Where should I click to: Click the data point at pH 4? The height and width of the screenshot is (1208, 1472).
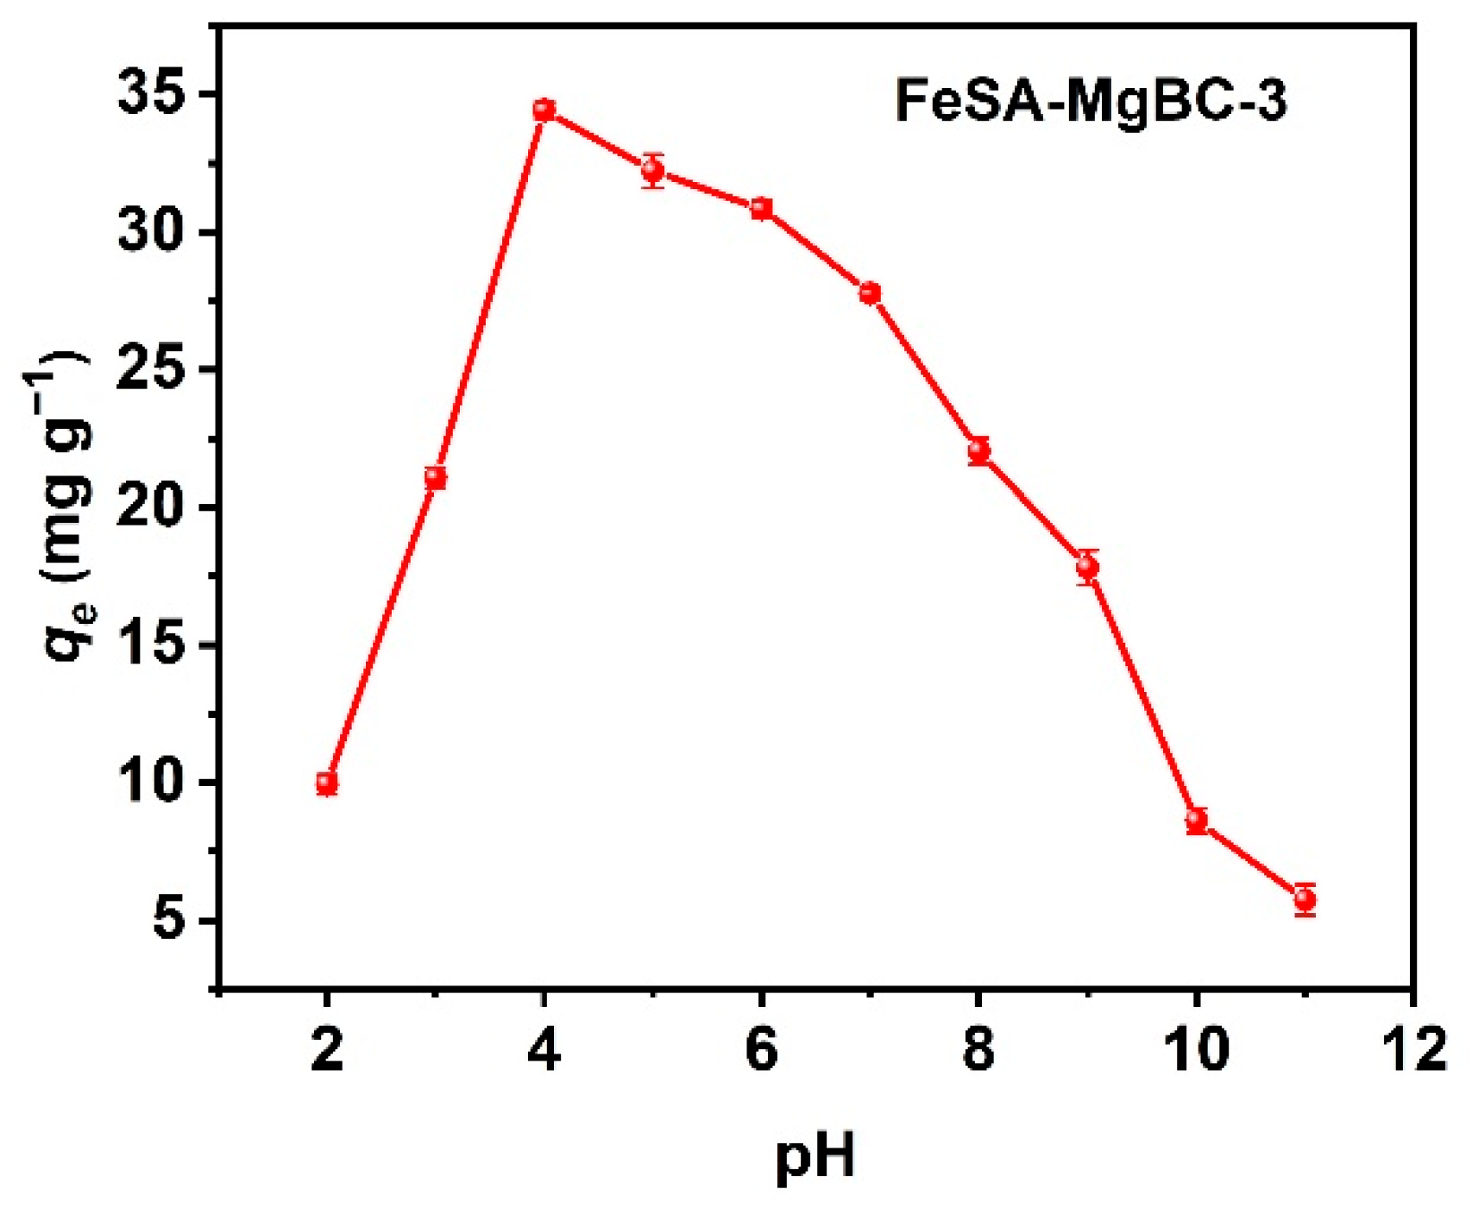click(x=544, y=110)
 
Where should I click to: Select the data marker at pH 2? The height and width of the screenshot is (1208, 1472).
click(x=326, y=783)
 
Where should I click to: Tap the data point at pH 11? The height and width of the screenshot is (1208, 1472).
click(x=1305, y=900)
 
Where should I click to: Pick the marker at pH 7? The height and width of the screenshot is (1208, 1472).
click(x=870, y=293)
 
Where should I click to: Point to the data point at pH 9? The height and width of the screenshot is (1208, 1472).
click(x=1087, y=567)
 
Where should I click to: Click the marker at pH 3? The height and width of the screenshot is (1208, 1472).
click(x=436, y=477)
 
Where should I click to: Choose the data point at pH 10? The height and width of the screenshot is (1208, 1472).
click(x=1196, y=820)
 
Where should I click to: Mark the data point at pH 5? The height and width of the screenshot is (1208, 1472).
click(x=652, y=171)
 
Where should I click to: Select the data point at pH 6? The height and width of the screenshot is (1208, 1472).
click(x=761, y=209)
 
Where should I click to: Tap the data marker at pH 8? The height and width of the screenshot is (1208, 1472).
click(x=978, y=450)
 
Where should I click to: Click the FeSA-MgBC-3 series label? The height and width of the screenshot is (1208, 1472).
click(x=1091, y=101)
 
